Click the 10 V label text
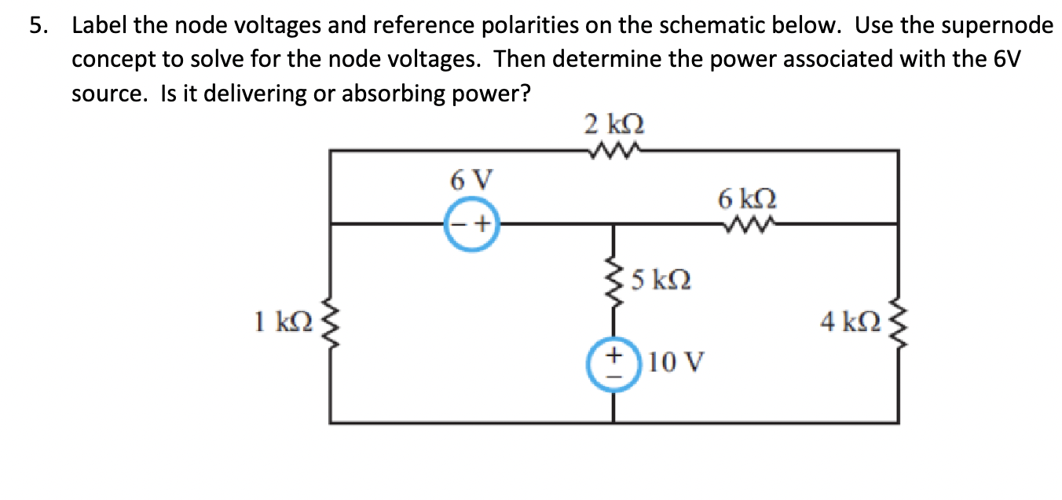678,362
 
